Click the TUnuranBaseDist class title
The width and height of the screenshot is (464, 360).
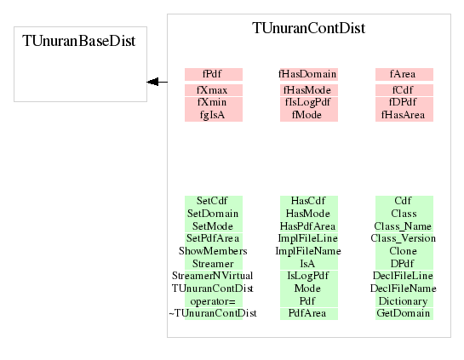[78, 41]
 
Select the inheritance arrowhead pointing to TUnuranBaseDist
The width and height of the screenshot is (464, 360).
[152, 82]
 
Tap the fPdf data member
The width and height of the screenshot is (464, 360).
[212, 74]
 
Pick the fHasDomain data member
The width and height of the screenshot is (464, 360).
[307, 74]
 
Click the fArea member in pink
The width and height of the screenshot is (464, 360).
[403, 74]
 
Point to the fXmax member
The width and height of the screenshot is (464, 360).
[212, 90]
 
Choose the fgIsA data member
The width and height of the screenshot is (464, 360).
[212, 115]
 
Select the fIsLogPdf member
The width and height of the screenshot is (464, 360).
[307, 102]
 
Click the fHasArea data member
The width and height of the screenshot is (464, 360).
[403, 115]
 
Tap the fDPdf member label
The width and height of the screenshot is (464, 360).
[403, 102]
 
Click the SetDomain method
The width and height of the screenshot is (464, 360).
[213, 214]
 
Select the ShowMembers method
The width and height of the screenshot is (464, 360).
[213, 251]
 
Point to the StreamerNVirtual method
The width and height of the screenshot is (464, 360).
[213, 276]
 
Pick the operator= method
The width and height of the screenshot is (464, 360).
[213, 301]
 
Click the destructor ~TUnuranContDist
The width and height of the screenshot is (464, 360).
[213, 313]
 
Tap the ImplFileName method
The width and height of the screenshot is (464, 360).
[308, 251]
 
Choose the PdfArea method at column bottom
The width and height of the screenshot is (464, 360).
[307, 313]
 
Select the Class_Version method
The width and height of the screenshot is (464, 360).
[403, 238]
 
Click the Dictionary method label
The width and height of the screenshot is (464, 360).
[403, 301]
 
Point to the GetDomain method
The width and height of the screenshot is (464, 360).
[403, 313]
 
